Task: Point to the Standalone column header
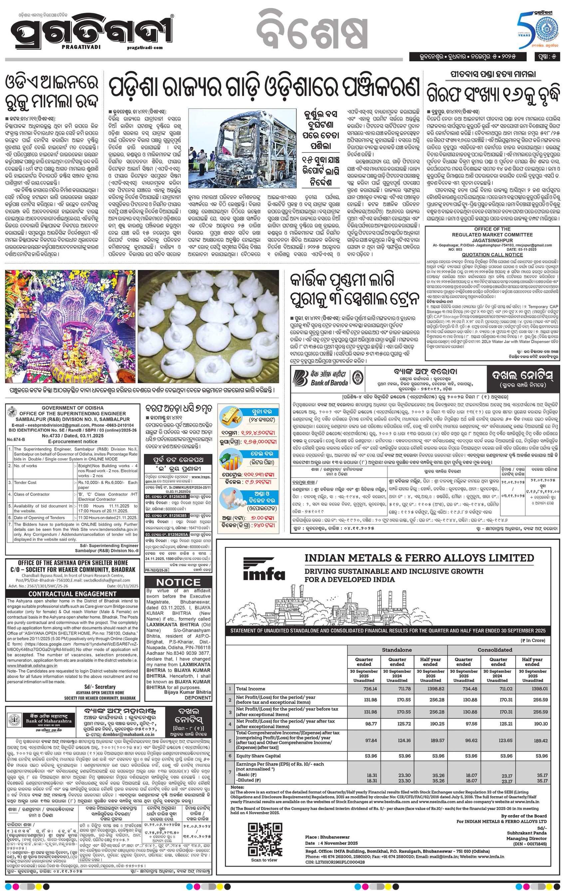397,650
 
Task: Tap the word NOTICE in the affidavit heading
178,582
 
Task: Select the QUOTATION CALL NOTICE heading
492,255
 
